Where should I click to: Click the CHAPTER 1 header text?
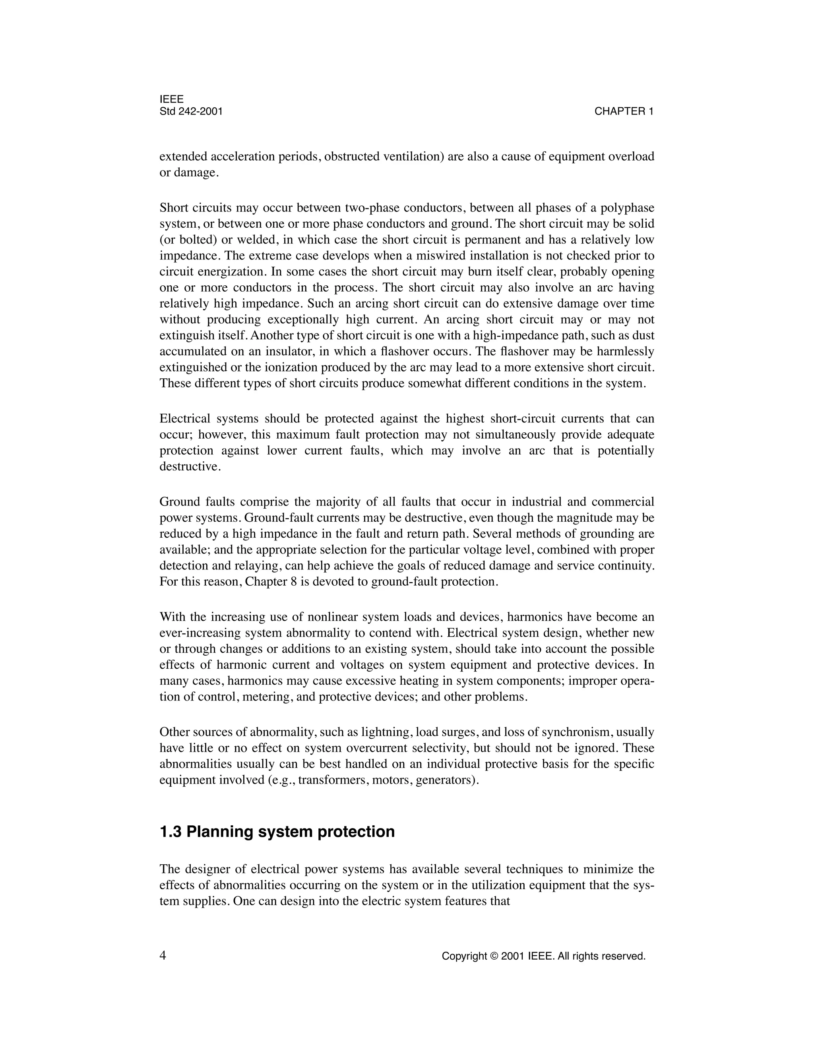[x=624, y=111]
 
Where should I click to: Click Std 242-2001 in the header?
[x=191, y=111]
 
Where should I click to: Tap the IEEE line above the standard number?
[x=171, y=99]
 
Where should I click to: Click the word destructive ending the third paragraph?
[x=190, y=467]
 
